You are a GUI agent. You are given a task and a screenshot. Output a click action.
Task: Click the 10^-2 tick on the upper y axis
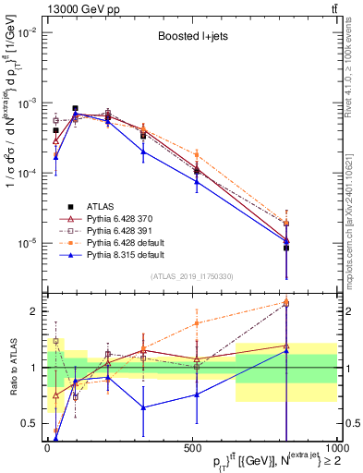click(29, 31)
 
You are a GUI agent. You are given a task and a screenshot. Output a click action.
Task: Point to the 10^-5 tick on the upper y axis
click(29, 244)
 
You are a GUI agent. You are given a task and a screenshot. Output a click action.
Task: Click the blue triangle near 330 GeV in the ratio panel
click(143, 407)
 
